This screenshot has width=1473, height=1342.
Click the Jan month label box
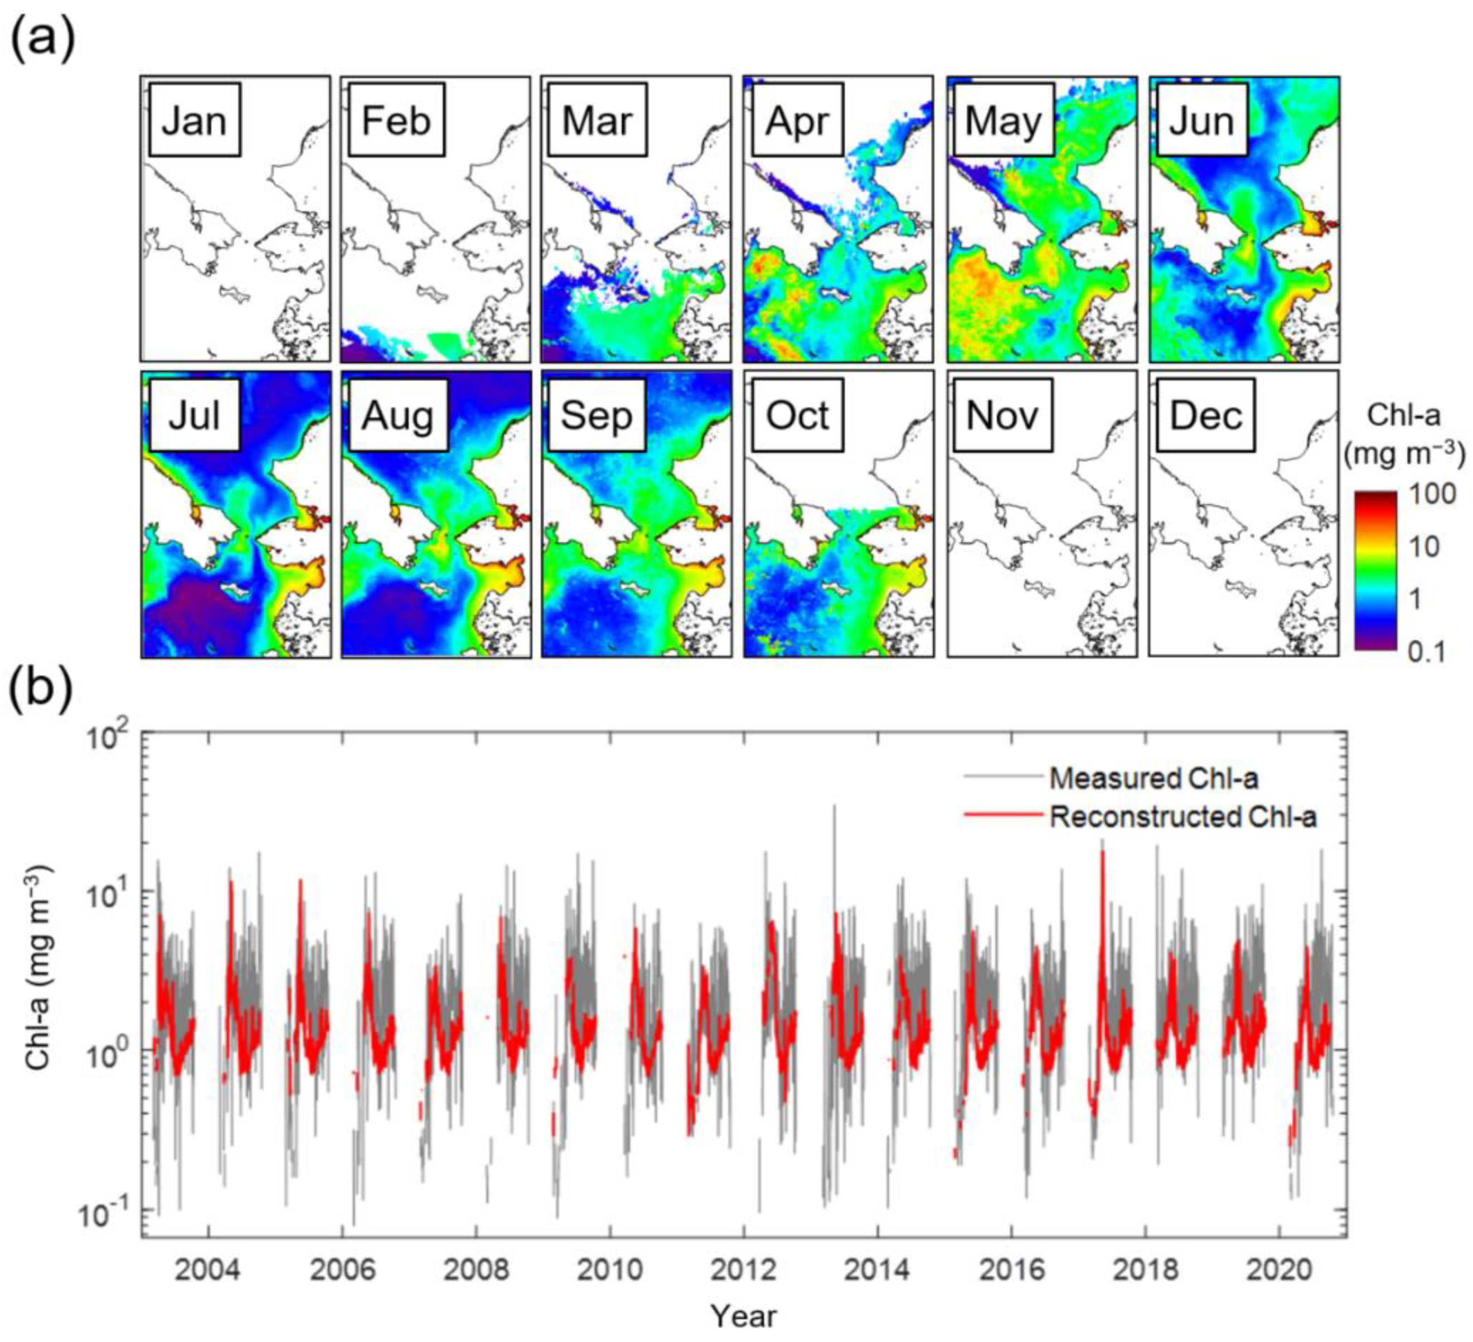tap(195, 120)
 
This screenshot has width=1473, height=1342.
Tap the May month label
tap(1002, 120)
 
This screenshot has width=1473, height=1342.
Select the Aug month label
tap(398, 416)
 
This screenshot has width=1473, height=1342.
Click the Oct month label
tap(797, 416)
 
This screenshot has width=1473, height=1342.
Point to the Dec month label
tap(1205, 416)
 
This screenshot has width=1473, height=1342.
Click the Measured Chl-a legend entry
tap(1154, 779)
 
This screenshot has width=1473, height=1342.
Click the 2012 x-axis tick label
tap(743, 1270)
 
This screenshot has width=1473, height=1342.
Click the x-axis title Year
tap(744, 1316)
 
